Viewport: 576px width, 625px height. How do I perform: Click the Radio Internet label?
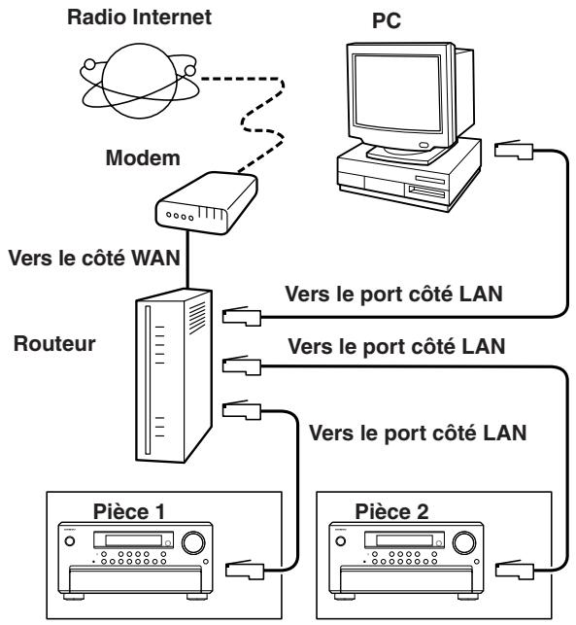(x=139, y=17)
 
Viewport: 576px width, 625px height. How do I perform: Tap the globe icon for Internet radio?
(x=139, y=81)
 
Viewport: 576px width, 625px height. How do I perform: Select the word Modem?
(x=143, y=157)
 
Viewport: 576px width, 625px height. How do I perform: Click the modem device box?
(x=206, y=202)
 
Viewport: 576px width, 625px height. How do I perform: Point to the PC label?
(x=386, y=20)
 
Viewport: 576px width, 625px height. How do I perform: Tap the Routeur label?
(x=54, y=343)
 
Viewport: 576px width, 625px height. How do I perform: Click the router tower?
(x=174, y=375)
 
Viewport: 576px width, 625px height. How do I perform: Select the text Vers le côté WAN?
(x=94, y=258)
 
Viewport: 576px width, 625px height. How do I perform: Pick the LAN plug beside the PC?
(x=514, y=150)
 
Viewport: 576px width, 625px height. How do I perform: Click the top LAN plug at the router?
(x=242, y=317)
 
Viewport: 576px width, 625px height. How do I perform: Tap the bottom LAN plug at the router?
(x=242, y=410)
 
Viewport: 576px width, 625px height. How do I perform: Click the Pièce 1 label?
(x=128, y=511)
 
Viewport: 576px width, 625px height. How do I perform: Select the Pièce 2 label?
(x=391, y=511)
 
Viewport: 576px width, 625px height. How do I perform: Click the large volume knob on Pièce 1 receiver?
(x=193, y=542)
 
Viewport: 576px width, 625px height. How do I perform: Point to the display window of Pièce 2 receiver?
(x=404, y=540)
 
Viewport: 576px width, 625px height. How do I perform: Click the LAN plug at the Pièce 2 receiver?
(x=515, y=570)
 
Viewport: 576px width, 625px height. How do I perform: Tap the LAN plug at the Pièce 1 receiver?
(x=245, y=570)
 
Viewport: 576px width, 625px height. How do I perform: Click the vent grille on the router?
(x=197, y=318)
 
